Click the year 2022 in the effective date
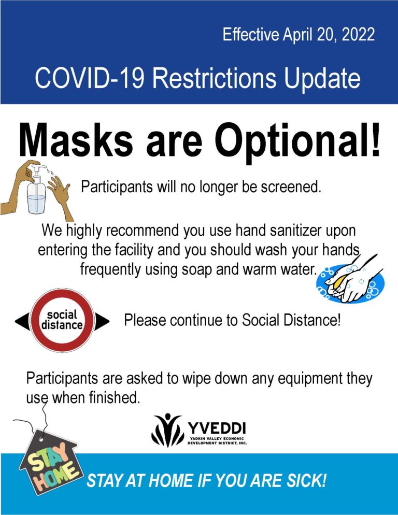(x=358, y=35)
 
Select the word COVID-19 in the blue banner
(x=89, y=78)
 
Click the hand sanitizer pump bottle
(x=36, y=191)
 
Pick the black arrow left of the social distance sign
(x=22, y=322)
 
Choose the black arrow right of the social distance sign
(x=102, y=322)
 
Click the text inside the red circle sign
(x=62, y=320)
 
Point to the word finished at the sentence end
(x=115, y=397)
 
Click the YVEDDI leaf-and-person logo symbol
(x=167, y=430)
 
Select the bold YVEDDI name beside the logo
(x=217, y=428)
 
